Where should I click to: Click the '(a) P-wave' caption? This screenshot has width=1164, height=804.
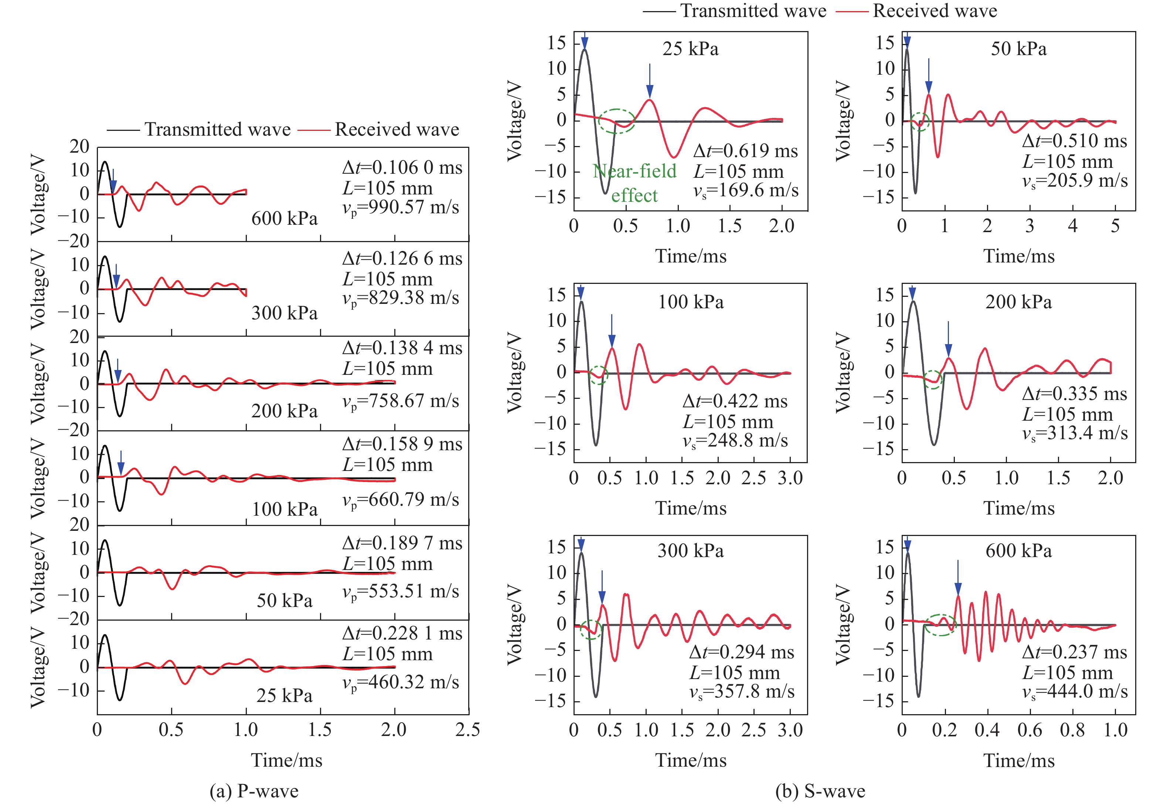coord(254,791)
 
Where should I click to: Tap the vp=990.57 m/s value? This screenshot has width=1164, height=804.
coord(401,207)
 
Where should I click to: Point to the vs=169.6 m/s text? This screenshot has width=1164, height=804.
coord(746,190)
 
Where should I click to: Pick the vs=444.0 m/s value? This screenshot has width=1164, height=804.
coord(1075,691)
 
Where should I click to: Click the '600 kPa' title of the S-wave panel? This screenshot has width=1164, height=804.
coord(1018,551)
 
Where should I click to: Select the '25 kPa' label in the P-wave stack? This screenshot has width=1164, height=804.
coord(285,696)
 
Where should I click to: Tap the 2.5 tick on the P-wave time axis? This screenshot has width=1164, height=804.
coord(468,729)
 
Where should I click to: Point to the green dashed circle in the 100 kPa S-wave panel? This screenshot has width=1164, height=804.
coord(598,375)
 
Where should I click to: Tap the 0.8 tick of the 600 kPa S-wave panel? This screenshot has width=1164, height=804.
coord(1072,730)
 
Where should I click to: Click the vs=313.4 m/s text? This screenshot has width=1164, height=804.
coord(1075,433)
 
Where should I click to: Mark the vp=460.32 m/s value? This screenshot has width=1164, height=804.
coord(401,682)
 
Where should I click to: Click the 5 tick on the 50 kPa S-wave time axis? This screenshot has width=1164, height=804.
coord(1115,226)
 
